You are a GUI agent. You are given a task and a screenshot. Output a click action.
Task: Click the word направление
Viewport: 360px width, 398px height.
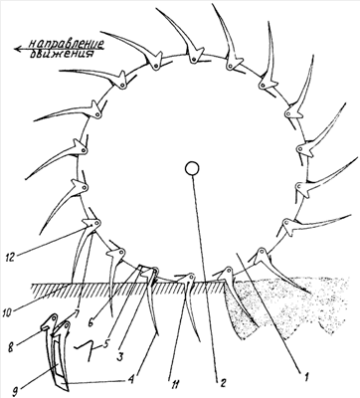(x=66, y=43)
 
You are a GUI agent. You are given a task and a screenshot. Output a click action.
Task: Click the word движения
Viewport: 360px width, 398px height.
(x=61, y=54)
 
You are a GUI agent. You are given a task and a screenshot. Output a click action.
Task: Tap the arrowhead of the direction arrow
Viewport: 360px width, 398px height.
(x=18, y=49)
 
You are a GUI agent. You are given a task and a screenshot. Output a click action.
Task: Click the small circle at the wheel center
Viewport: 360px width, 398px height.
(x=192, y=168)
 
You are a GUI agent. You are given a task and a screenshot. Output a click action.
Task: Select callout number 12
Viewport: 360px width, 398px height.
(x=12, y=258)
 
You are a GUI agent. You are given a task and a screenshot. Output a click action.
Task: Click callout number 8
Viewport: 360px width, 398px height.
(x=11, y=348)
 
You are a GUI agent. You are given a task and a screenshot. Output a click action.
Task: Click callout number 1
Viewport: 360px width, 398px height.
(x=306, y=376)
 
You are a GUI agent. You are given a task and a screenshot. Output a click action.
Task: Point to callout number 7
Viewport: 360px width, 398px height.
(x=77, y=312)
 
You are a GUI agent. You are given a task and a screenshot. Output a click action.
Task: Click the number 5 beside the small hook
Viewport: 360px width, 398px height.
(x=105, y=344)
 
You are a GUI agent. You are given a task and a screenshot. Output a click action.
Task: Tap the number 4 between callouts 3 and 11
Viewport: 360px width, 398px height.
(x=131, y=378)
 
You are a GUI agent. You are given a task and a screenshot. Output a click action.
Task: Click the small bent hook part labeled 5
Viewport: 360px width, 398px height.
(x=85, y=350)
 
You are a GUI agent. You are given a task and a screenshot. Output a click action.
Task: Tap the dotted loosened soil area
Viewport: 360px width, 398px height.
(x=291, y=305)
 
